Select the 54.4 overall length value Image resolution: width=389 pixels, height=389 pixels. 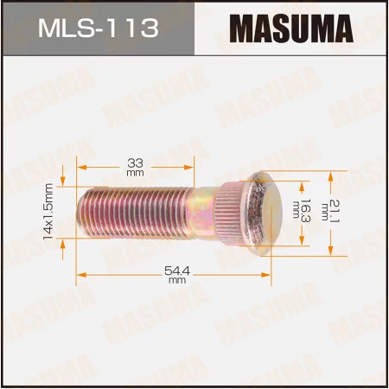click(177, 271)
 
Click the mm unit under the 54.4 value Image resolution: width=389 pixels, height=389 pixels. click(177, 281)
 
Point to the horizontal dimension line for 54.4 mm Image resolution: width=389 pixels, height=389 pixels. click(130, 275)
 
